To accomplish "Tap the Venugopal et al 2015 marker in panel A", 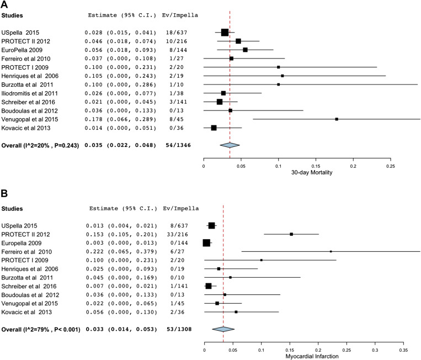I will click(x=337, y=119).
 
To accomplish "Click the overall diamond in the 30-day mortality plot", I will click(x=230, y=145).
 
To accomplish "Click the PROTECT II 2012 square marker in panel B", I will click(x=291, y=234).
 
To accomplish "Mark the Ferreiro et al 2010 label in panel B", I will click(x=29, y=251).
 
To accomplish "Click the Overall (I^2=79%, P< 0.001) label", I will click(x=41, y=329).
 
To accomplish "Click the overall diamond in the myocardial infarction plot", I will click(x=223, y=329).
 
